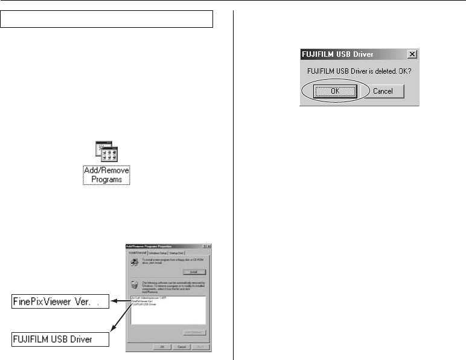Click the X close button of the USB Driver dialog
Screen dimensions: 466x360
click(x=412, y=54)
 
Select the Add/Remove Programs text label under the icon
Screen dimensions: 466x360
click(x=106, y=175)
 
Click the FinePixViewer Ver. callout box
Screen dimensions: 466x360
click(x=60, y=301)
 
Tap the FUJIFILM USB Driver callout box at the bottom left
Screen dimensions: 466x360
click(x=60, y=339)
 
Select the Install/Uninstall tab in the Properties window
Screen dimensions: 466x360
click(x=137, y=252)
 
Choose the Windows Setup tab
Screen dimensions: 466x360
click(x=159, y=252)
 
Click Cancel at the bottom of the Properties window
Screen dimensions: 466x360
click(x=180, y=347)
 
